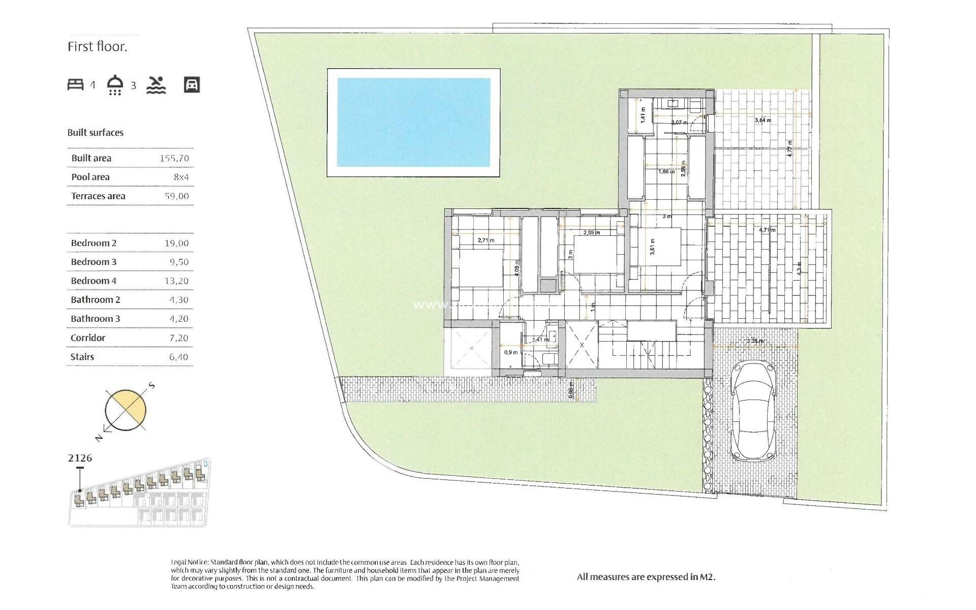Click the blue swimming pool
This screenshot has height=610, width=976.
click(413, 122)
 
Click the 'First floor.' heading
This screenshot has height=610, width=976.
click(97, 47)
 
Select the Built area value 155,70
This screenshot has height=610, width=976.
click(174, 158)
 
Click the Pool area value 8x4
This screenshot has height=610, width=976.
click(181, 177)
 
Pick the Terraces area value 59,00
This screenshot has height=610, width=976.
click(176, 196)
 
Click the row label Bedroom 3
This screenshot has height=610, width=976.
click(94, 262)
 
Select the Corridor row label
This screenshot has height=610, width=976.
click(88, 338)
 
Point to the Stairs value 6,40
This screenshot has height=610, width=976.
click(178, 357)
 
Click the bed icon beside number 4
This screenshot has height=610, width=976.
click(75, 84)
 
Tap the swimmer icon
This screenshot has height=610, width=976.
click(156, 85)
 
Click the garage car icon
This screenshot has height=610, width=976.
click(192, 85)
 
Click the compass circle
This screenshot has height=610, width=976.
click(126, 410)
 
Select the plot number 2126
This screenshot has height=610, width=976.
click(80, 458)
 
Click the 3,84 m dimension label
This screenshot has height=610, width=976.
click(762, 120)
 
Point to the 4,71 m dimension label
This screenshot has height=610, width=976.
click(767, 230)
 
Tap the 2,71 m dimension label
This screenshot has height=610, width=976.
click(485, 240)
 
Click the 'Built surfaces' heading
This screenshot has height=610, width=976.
click(96, 133)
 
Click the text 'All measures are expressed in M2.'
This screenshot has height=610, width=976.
click(646, 577)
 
